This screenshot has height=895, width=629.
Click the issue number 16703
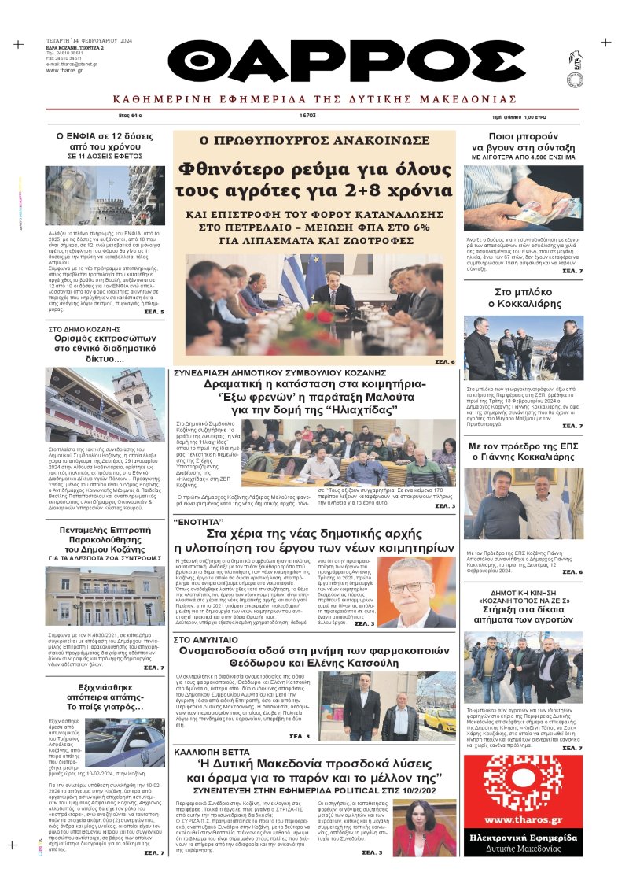click(307, 115)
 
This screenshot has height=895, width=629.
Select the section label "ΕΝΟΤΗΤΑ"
click(197, 522)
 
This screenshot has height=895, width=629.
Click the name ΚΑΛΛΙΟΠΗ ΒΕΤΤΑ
click(213, 752)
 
